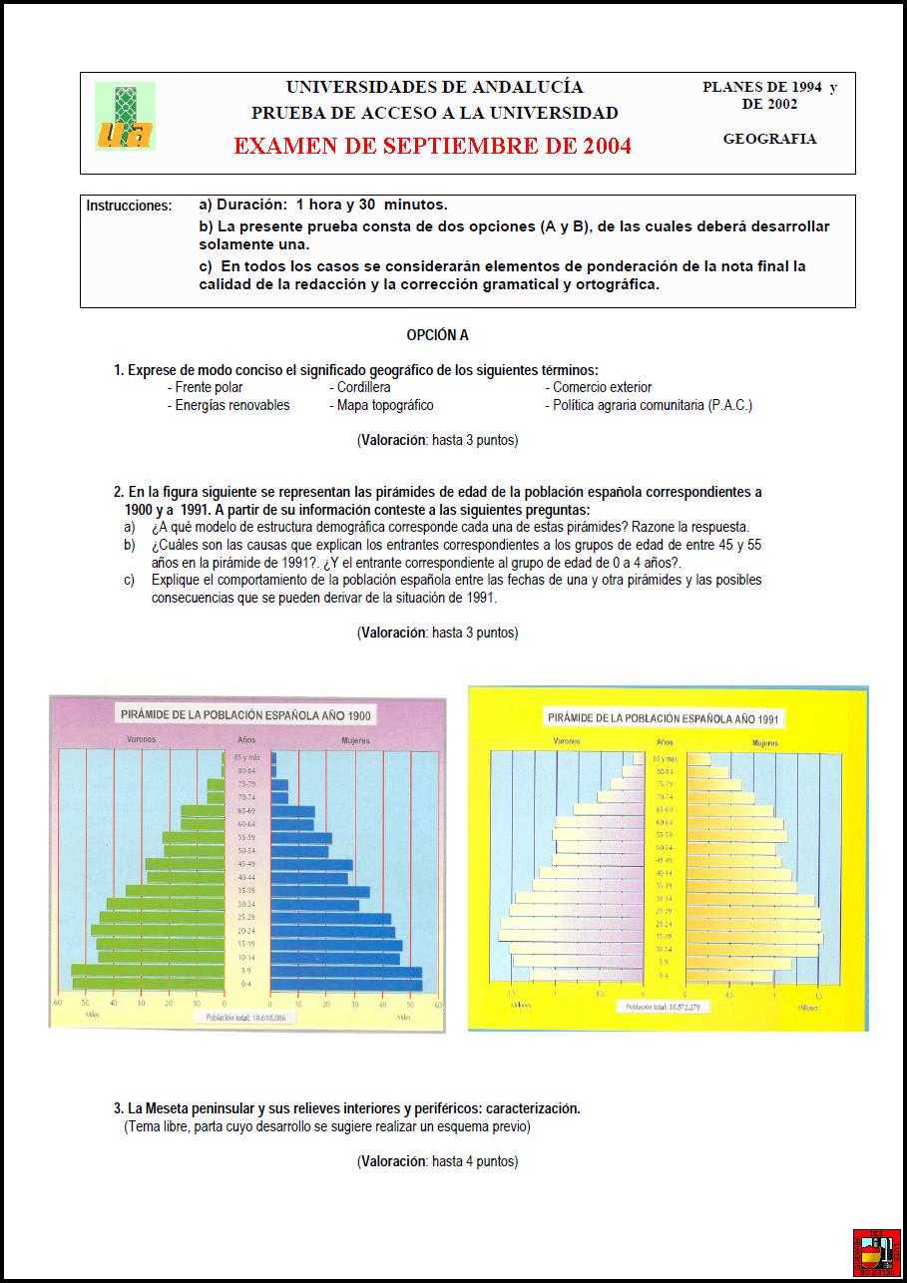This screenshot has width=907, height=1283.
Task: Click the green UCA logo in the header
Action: (x=125, y=116)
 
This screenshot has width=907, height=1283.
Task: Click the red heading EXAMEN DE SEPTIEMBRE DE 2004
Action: (x=432, y=146)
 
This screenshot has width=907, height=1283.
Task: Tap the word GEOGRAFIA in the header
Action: (x=769, y=139)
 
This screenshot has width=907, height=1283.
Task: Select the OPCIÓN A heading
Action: (x=437, y=335)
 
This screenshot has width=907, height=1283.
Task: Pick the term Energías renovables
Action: (x=232, y=405)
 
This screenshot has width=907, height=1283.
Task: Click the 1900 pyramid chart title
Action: (x=245, y=715)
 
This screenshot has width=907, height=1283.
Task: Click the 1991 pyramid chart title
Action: (x=665, y=718)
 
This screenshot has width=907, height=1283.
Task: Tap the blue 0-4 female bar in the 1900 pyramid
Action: (x=345, y=985)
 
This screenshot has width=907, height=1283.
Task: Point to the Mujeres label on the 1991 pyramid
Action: (x=765, y=743)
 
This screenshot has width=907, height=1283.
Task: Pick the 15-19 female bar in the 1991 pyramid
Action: (x=753, y=937)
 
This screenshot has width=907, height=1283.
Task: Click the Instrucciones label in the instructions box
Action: (x=129, y=207)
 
